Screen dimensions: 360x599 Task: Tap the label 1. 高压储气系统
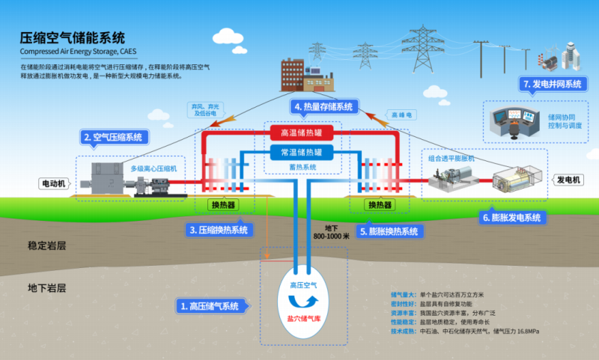click(209, 305)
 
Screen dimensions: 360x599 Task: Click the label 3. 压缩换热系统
click(219, 230)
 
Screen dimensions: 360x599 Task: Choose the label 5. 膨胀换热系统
click(389, 231)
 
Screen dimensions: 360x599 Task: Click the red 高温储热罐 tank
click(301, 133)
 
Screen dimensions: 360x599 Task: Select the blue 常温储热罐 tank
click(301, 152)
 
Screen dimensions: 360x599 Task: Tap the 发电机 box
click(568, 180)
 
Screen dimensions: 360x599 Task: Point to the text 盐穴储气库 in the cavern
click(303, 317)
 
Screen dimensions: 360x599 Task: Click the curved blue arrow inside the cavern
click(303, 300)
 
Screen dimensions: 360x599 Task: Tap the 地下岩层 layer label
click(47, 287)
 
